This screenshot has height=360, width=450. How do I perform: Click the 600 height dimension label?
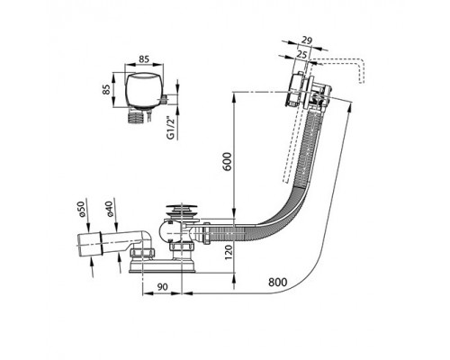pos(228,162)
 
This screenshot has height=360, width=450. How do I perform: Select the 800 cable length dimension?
pos(277,283)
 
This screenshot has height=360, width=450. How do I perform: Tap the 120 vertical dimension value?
pos(229,252)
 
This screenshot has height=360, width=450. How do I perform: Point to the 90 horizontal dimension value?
pos(162,287)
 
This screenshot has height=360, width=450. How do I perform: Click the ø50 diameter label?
pos(82,209)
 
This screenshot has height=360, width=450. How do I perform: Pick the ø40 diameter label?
pos(109,209)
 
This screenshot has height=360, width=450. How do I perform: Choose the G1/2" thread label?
pos(171,127)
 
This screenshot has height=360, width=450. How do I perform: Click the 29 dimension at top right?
pos(307,40)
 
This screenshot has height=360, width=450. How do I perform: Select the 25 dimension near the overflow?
pos(302,54)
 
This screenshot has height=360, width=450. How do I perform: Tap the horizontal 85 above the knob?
pos(144,59)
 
